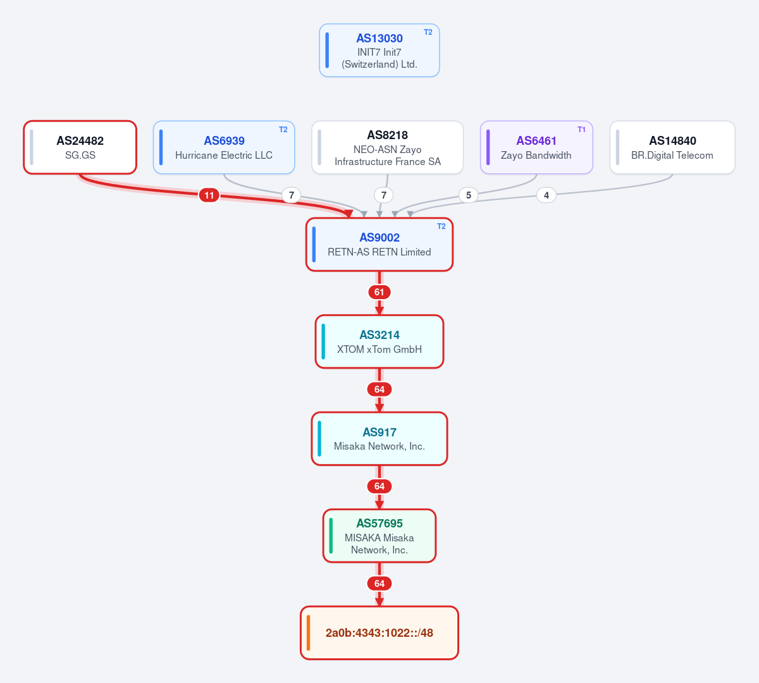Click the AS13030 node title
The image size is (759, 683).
click(x=379, y=38)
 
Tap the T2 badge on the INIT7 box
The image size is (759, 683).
click(x=428, y=32)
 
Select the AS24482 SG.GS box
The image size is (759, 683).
click(x=80, y=147)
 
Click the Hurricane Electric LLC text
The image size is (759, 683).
click(x=224, y=155)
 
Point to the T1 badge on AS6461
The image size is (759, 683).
click(x=581, y=130)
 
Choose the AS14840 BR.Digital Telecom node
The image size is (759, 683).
click(x=672, y=147)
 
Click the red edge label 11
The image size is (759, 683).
click(x=209, y=195)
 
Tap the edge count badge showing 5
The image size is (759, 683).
click(x=469, y=195)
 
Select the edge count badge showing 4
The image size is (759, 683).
click(x=546, y=195)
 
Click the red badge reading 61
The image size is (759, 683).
click(x=379, y=292)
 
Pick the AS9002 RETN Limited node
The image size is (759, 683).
click(x=379, y=245)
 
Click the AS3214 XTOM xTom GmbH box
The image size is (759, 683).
click(x=379, y=341)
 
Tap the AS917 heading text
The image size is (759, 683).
click(x=379, y=432)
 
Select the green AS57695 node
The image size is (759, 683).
click(x=379, y=536)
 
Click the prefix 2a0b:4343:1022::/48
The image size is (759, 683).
click(x=379, y=632)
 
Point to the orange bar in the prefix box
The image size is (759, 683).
click(x=309, y=632)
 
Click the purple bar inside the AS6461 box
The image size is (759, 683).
click(x=488, y=147)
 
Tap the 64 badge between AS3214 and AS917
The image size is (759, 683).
click(x=379, y=390)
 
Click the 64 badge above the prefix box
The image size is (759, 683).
click(x=379, y=584)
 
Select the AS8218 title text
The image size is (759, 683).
click(x=388, y=135)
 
